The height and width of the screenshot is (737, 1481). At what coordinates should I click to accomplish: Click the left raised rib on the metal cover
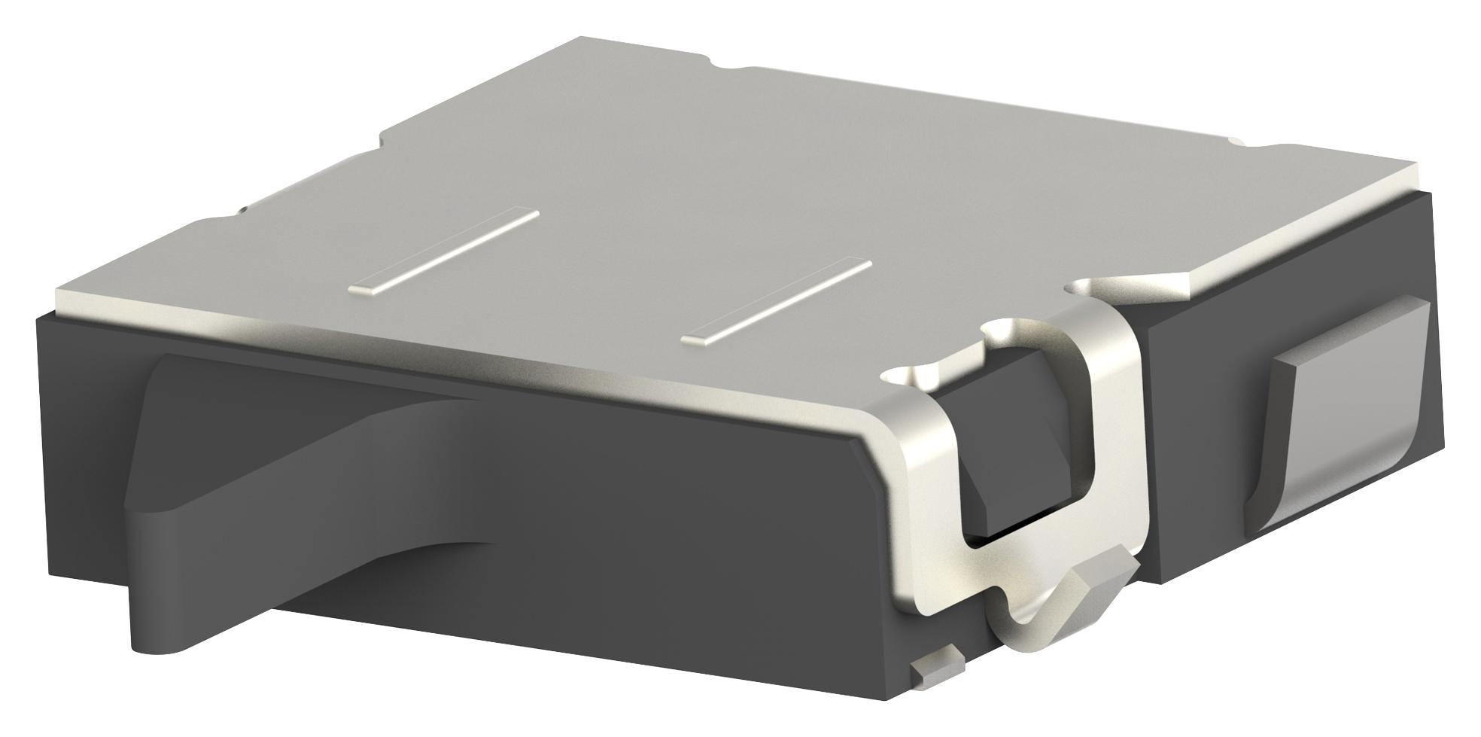pos(444,250)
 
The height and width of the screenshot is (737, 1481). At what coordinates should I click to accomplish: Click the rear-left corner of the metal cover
pos(579,41)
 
